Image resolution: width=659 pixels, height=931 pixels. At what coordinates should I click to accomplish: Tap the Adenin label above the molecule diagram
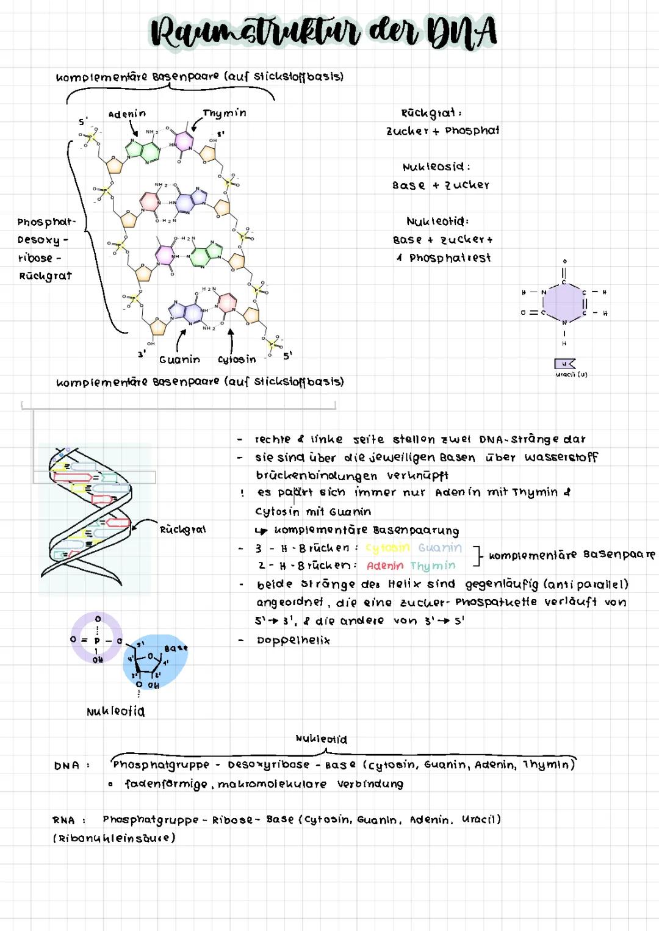pyautogui.click(x=127, y=114)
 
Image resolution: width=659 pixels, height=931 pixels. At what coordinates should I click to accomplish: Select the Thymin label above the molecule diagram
pyautogui.click(x=224, y=113)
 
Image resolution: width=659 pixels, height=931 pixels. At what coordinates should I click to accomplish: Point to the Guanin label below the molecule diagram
pyautogui.click(x=179, y=360)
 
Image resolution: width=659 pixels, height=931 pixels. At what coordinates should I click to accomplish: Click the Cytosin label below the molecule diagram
pyautogui.click(x=237, y=360)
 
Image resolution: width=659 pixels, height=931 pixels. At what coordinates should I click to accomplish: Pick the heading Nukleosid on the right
pyautogui.click(x=436, y=167)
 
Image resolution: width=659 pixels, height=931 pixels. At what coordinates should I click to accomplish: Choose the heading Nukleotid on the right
pyautogui.click(x=438, y=221)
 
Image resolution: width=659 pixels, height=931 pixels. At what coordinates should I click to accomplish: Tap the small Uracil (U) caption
pyautogui.click(x=571, y=375)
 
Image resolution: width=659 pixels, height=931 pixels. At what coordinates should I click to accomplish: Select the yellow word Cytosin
pyautogui.click(x=387, y=548)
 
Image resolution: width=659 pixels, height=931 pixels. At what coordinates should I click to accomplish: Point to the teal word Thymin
pyautogui.click(x=433, y=566)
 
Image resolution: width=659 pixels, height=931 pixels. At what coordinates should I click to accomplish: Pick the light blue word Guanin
pyautogui.click(x=440, y=548)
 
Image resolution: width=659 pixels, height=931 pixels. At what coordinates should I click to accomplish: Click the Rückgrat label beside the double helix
pyautogui.click(x=182, y=530)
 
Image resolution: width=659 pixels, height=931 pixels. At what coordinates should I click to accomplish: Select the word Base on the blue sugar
pyautogui.click(x=176, y=648)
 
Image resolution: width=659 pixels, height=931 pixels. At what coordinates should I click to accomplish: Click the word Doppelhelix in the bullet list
pyautogui.click(x=293, y=641)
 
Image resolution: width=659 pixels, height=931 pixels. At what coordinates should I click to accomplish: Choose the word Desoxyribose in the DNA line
pyautogui.click(x=268, y=765)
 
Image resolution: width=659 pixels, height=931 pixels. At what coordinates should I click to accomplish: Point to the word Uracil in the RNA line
pyautogui.click(x=481, y=819)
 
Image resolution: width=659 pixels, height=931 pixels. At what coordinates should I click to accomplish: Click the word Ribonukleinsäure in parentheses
pyautogui.click(x=115, y=838)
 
